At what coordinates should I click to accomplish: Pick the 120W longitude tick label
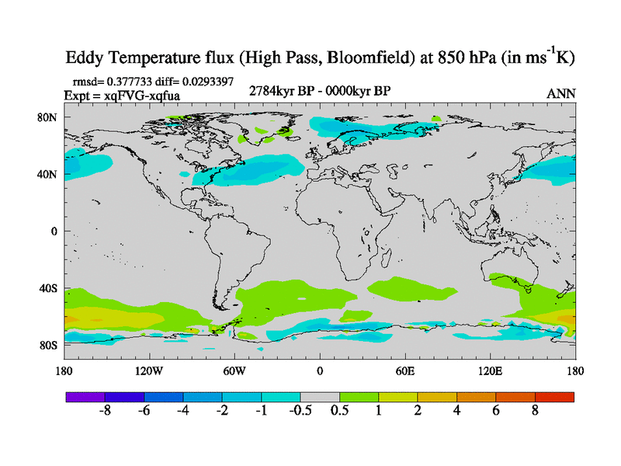point(149,370)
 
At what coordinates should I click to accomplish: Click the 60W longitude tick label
point(234,370)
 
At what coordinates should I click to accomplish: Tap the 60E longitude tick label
point(404,370)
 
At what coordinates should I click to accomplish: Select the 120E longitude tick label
point(490,370)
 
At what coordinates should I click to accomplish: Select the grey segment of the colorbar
point(319,397)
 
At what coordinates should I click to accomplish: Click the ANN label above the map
point(561,93)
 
